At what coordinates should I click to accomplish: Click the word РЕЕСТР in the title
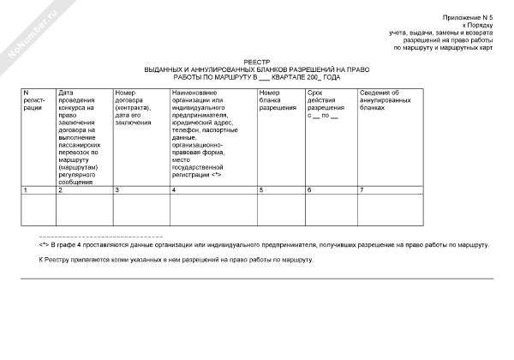[x=256, y=61]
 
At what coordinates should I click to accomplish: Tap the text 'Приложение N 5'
[x=468, y=18]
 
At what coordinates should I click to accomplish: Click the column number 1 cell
[x=38, y=189]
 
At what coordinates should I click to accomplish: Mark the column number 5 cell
[x=280, y=189]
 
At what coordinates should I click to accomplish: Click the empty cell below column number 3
[x=140, y=209]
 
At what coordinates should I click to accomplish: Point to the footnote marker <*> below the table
[x=43, y=245]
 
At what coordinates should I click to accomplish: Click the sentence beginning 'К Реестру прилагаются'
[x=176, y=260]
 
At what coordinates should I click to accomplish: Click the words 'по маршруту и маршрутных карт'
[x=443, y=48]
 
